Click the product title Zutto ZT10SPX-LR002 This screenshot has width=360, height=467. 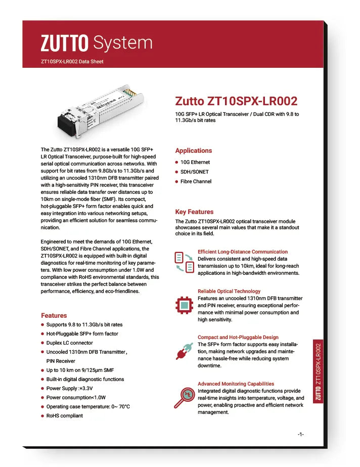coord(236,101)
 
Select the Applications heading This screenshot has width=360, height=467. coord(193,151)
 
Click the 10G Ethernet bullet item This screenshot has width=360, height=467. coord(195,162)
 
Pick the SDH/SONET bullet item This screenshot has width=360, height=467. coord(195,172)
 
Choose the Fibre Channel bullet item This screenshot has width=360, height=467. coord(196,182)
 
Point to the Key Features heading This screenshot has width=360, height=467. coord(194,212)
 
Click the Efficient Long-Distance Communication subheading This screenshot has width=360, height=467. coord(243,251)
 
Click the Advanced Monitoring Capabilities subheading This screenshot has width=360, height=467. coord(236,384)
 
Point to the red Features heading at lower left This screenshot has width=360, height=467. coord(54,315)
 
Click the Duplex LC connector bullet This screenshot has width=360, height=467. coord(69,343)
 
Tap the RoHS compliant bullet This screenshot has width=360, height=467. coord(64,416)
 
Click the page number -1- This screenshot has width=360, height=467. coord(300,435)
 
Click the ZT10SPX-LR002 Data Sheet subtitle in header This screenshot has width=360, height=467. coord(72,62)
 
